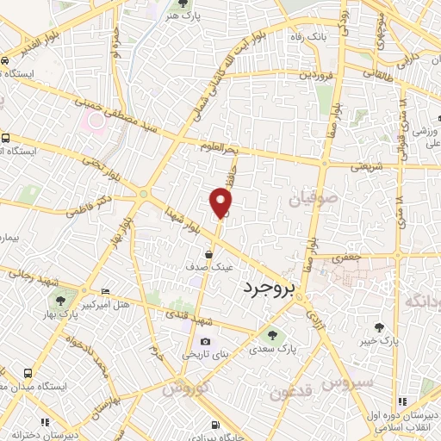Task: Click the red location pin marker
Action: tap(221, 202)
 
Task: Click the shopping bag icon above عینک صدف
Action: tap(209, 253)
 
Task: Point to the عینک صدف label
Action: tap(210, 268)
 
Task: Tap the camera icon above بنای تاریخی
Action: tap(204, 341)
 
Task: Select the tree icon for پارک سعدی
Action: tap(272, 336)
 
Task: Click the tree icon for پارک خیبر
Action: tap(380, 326)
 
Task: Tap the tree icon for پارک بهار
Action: tap(60, 300)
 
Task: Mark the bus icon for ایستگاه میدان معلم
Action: tap(28, 374)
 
